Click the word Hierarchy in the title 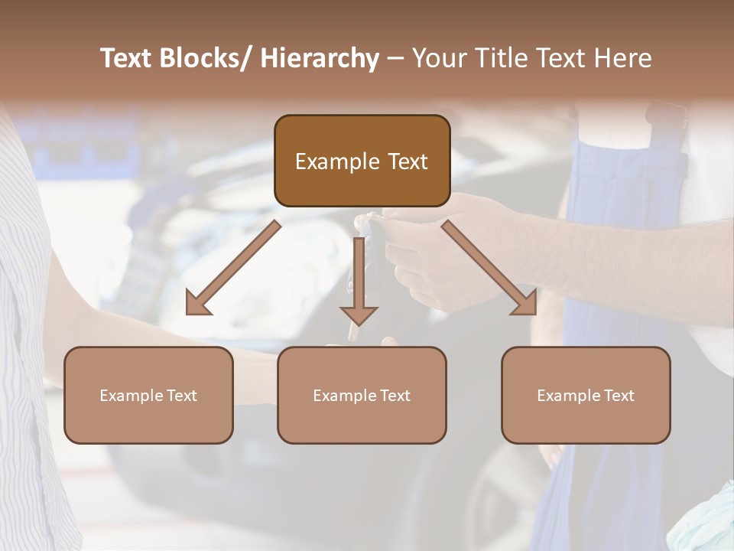tap(320, 58)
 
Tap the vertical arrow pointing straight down tap(359, 275)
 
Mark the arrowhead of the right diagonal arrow tap(526, 305)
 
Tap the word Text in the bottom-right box tap(619, 396)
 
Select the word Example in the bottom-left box tap(131, 396)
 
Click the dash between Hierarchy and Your tap(395, 59)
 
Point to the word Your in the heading tap(437, 58)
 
